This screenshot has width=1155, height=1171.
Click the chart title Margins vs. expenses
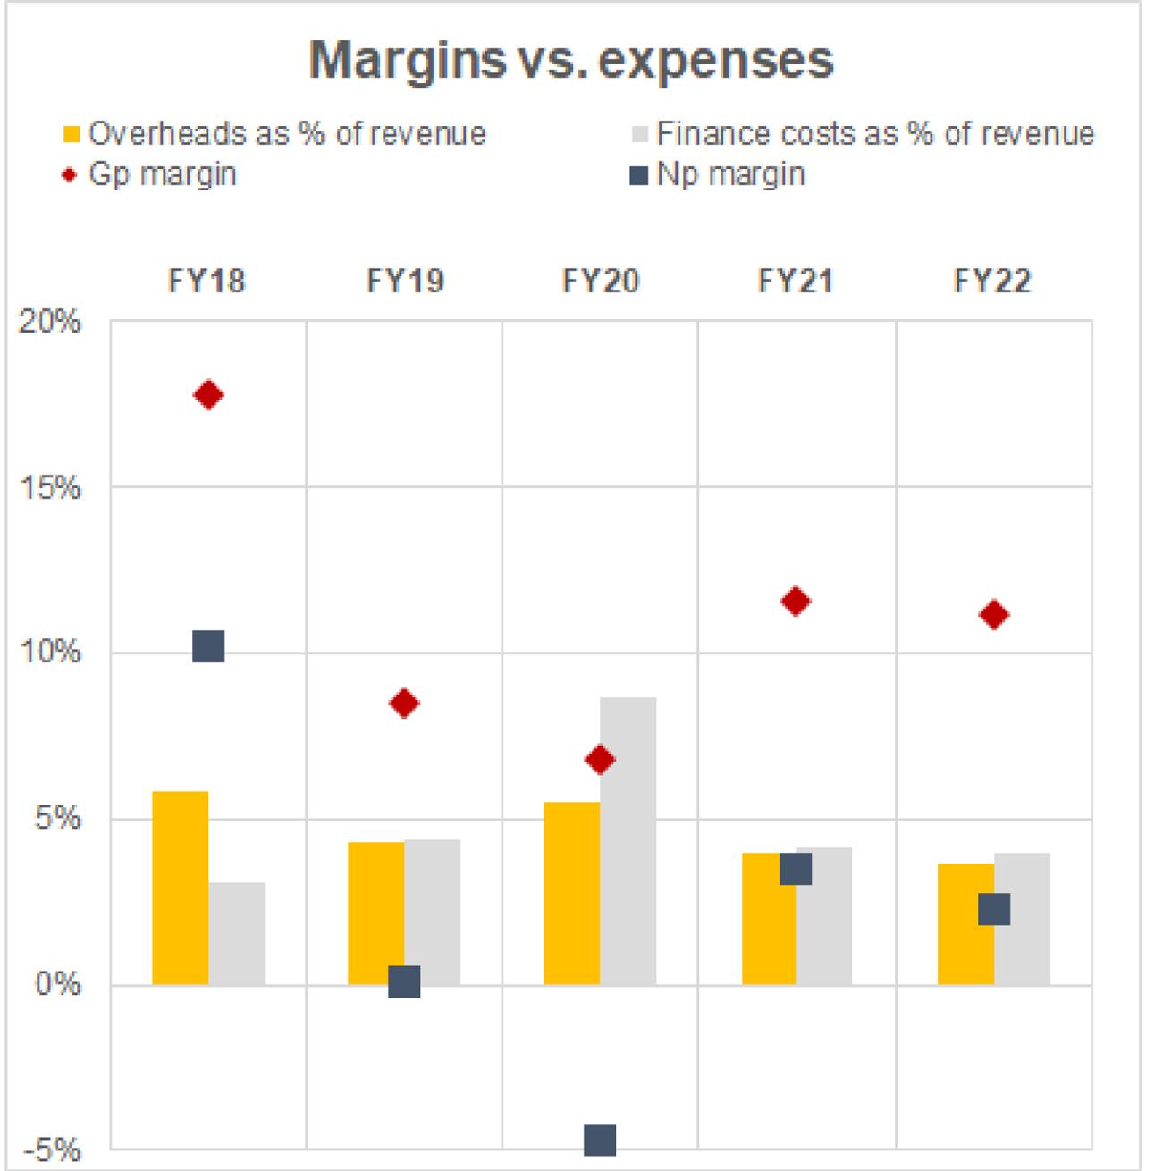571,61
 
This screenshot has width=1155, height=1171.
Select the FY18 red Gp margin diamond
208,395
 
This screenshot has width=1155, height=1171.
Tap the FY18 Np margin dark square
208,645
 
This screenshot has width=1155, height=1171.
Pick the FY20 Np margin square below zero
600,1140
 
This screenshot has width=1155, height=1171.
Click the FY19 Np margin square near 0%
404,981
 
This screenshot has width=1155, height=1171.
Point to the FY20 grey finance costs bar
628,840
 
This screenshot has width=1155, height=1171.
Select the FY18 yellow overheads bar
181,888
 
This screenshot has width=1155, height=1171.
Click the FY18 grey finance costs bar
237,933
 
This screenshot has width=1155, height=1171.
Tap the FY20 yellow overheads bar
572,893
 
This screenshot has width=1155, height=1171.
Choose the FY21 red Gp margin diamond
796,602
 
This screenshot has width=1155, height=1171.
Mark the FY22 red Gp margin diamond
994,615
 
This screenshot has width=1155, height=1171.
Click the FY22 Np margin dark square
994,909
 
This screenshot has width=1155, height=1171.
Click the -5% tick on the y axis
52,1150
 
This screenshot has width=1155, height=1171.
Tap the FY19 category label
404,282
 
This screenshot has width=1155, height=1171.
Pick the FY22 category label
992,282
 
